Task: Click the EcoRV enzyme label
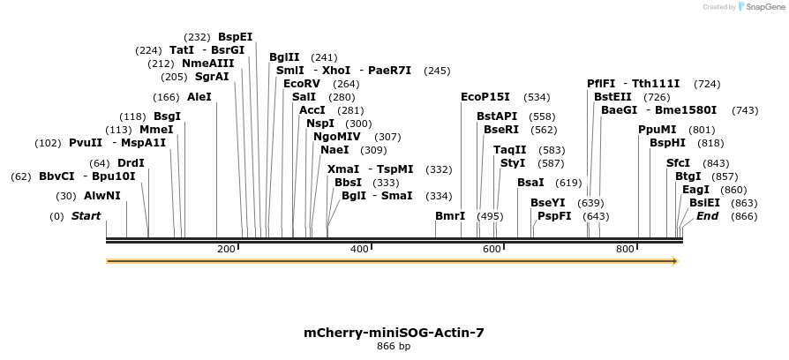click(302, 84)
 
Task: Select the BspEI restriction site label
click(236, 37)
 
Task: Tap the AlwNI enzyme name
click(102, 196)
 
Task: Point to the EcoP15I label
click(485, 97)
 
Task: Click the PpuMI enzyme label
click(657, 130)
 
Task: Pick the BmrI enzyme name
click(450, 215)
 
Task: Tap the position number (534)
click(537, 97)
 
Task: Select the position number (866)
click(744, 216)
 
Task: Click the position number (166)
click(166, 97)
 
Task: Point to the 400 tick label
click(358, 250)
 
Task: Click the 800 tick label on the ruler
click(625, 250)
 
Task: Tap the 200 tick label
click(226, 250)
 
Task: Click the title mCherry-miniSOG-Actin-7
click(394, 333)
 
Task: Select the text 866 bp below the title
click(394, 347)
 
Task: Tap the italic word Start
click(86, 216)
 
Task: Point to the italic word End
click(707, 216)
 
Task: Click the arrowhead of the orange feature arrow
click(674, 261)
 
